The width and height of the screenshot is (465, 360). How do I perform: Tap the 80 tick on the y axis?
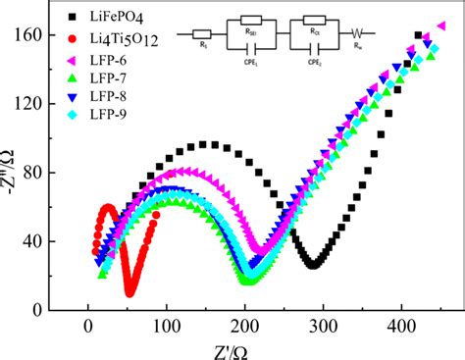[58, 174]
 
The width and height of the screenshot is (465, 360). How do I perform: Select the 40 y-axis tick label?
[58, 241]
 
